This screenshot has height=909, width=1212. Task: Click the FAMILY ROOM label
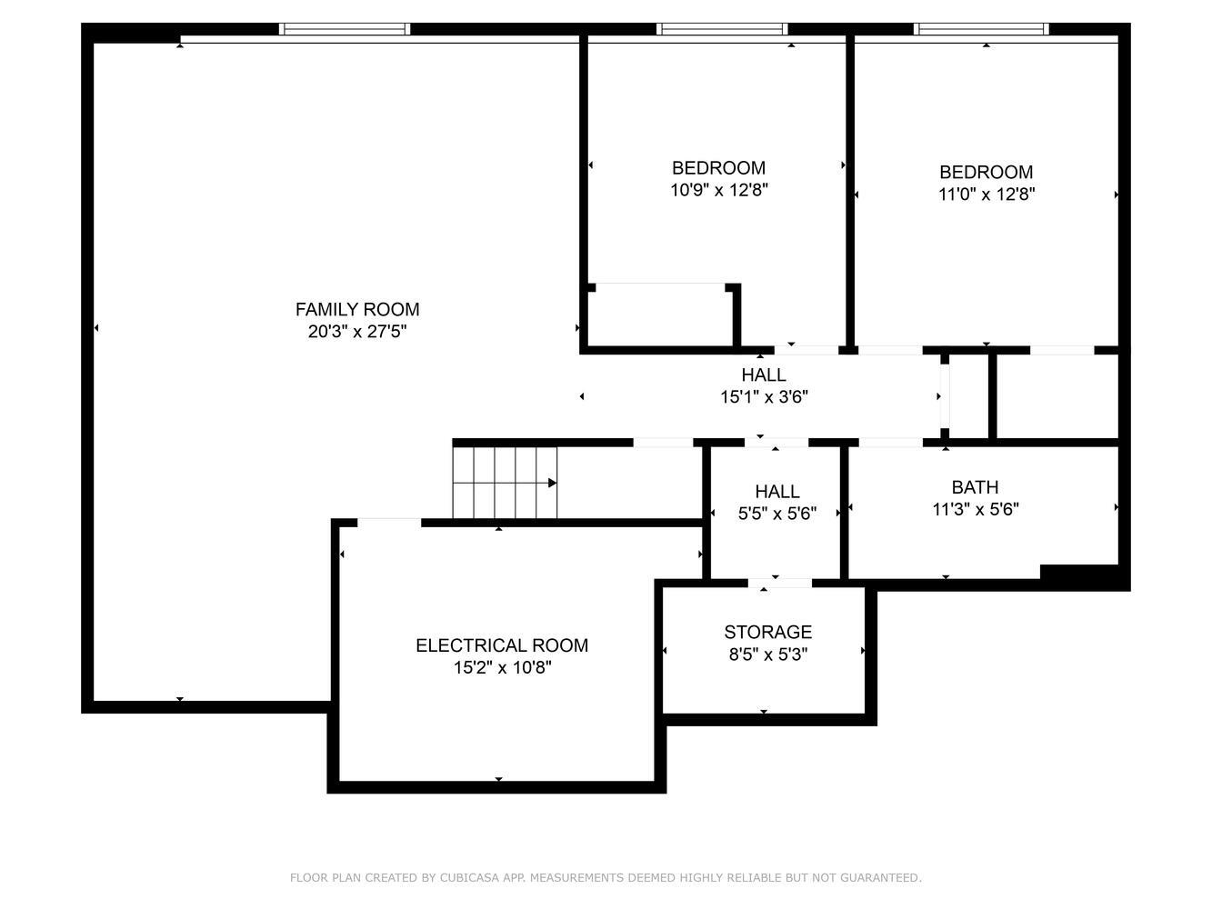pos(356,309)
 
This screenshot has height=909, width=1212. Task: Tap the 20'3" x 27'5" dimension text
pos(356,332)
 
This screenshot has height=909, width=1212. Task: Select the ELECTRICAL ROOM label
pos(501,645)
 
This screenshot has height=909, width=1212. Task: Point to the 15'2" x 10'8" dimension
pos(502,668)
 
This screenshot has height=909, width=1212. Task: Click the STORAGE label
pos(767,632)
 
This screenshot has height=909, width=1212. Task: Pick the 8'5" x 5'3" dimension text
pos(767,654)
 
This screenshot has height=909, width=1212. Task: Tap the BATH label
pos(975,487)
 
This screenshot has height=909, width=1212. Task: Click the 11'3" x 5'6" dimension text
pos(975,509)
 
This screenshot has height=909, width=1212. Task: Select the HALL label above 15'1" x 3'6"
pos(763,375)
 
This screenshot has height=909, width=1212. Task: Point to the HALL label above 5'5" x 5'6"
pos(776,491)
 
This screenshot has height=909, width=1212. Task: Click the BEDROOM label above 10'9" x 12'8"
pos(718,168)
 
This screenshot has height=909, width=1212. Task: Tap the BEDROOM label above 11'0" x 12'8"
pos(986,172)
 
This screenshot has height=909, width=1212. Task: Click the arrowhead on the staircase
pos(552,483)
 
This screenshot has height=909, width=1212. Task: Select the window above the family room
pos(344,29)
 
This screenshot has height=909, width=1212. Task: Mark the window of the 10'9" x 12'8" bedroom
pos(722,29)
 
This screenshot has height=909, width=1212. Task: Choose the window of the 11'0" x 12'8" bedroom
pos(981,29)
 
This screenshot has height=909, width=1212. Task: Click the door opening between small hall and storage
pos(779,583)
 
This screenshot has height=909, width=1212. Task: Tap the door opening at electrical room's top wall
pos(389,523)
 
